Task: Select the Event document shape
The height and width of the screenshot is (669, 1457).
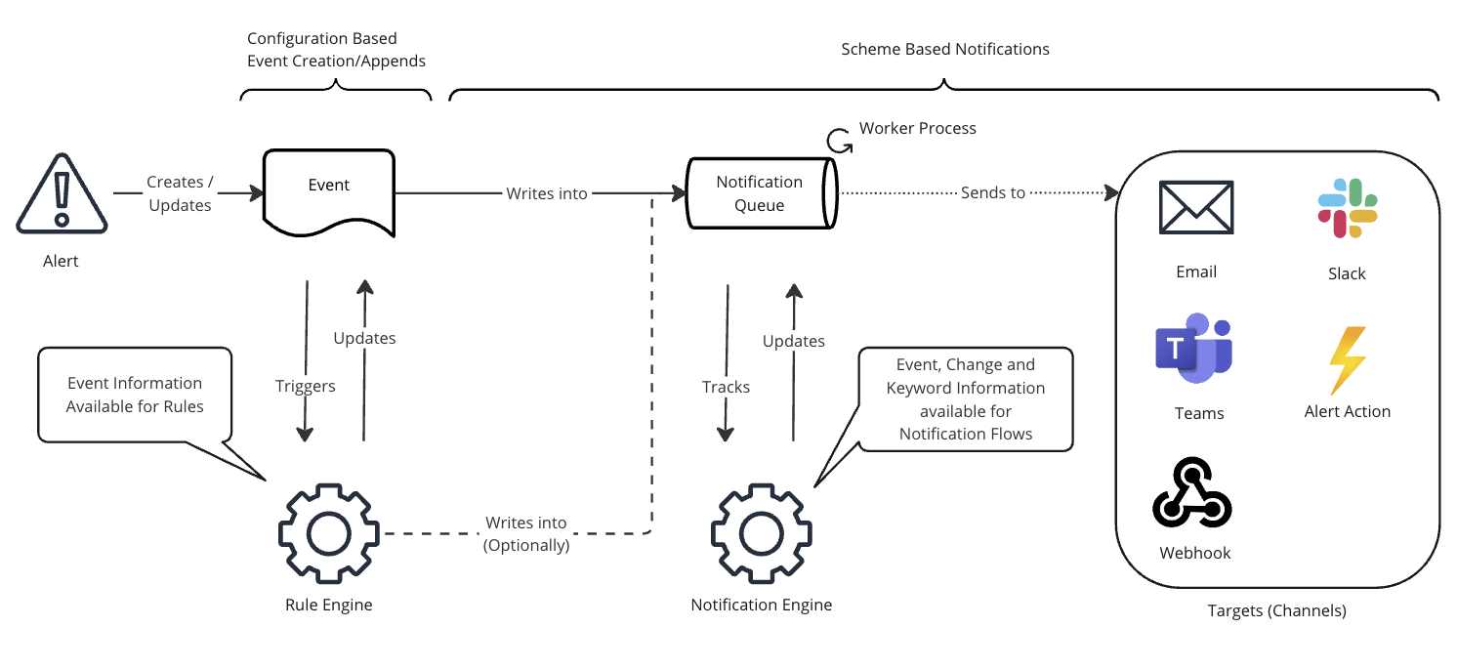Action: (329, 190)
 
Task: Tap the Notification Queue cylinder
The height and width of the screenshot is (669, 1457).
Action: (761, 192)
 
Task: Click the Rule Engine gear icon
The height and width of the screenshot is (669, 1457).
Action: (328, 533)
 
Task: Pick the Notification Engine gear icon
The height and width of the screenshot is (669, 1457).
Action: (761, 533)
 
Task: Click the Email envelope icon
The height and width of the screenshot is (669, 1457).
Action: (1196, 208)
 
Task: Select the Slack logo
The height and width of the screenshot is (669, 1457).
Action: (1347, 208)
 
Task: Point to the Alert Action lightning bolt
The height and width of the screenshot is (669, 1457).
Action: (1347, 358)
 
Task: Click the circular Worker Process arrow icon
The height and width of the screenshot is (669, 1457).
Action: (839, 141)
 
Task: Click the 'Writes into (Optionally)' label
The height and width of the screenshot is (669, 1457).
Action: (526, 534)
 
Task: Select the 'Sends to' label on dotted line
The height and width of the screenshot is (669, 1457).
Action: (993, 193)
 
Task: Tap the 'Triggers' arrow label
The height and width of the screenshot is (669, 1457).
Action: (306, 386)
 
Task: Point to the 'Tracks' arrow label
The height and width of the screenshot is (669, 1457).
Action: (727, 387)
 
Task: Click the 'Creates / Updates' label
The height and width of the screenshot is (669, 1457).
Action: (181, 193)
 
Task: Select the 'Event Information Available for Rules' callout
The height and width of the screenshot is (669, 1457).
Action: (135, 395)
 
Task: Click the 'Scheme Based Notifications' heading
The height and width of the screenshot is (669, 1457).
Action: (945, 49)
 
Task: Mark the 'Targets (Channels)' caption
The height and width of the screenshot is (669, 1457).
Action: (1277, 610)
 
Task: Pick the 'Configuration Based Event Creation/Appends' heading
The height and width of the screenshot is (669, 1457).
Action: (336, 50)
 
